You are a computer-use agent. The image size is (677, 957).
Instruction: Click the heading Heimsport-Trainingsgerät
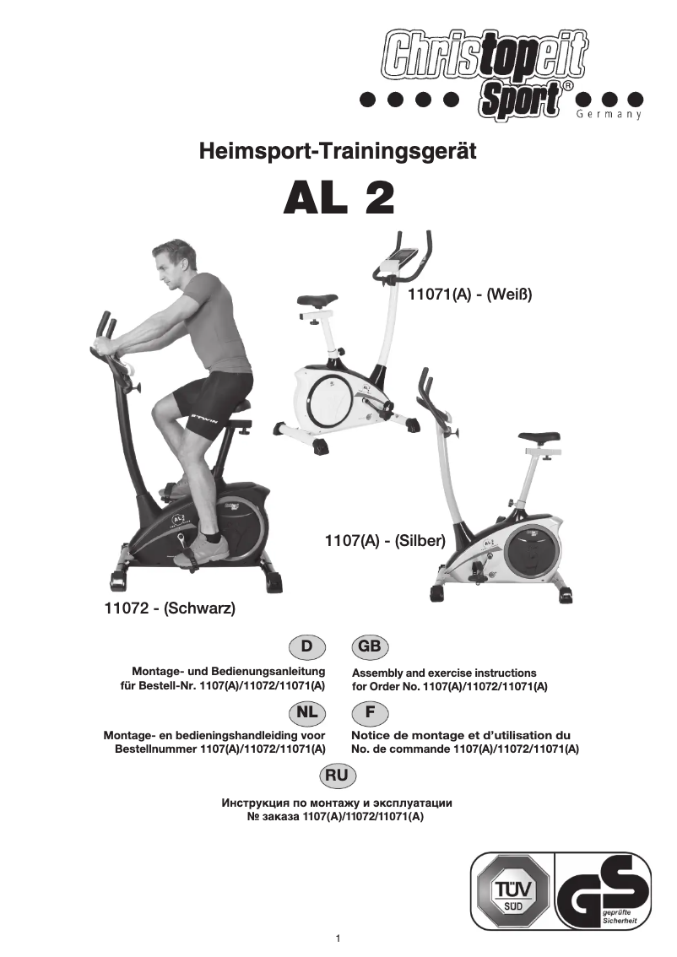point(338,152)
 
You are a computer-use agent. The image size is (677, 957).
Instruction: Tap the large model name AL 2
point(338,199)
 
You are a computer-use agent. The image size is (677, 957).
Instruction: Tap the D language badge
point(307,647)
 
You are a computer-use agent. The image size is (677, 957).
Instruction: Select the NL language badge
point(307,712)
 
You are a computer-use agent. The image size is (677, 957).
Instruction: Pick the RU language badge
point(338,775)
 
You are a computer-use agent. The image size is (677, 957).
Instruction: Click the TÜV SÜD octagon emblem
point(512,890)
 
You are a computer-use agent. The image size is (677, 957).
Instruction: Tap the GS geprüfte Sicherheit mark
point(604,890)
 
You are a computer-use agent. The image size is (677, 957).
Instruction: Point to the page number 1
point(338,938)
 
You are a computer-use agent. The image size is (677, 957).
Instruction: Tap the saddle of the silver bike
point(538,438)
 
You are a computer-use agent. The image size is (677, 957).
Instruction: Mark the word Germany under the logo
point(609,114)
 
